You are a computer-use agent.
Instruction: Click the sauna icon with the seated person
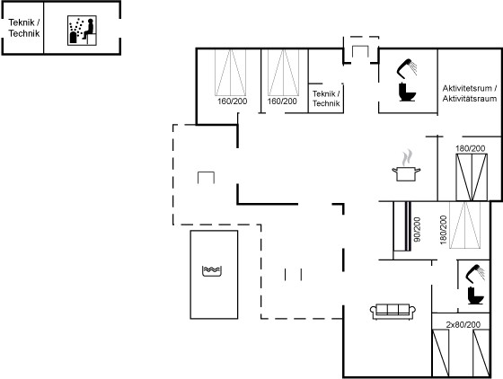pyautogui.click(x=82, y=31)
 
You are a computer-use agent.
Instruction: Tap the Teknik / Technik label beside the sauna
pyautogui.click(x=24, y=28)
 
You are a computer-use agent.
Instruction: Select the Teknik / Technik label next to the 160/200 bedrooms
pyautogui.click(x=326, y=99)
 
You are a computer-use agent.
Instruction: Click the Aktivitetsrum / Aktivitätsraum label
pyautogui.click(x=470, y=93)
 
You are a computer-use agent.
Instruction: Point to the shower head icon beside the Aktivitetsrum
pyautogui.click(x=407, y=68)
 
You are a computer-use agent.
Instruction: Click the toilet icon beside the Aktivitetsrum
pyautogui.click(x=408, y=92)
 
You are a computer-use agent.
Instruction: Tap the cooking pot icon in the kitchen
pyautogui.click(x=406, y=173)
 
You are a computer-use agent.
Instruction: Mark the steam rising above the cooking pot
pyautogui.click(x=407, y=157)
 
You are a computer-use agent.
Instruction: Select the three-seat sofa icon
pyautogui.click(x=393, y=312)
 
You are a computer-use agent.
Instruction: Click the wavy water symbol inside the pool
pyautogui.click(x=212, y=271)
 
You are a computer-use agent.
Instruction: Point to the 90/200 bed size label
pyautogui.click(x=417, y=229)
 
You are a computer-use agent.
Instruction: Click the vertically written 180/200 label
pyautogui.click(x=444, y=230)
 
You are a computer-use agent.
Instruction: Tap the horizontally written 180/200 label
pyautogui.click(x=471, y=148)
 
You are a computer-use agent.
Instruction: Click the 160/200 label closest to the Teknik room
pyautogui.click(x=282, y=101)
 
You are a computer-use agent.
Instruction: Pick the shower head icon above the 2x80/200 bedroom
pyautogui.click(x=475, y=273)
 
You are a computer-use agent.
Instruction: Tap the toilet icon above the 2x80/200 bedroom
pyautogui.click(x=476, y=295)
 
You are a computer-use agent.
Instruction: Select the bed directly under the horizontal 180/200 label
pyautogui.click(x=472, y=177)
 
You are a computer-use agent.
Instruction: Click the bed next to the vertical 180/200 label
pyautogui.click(x=465, y=225)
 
